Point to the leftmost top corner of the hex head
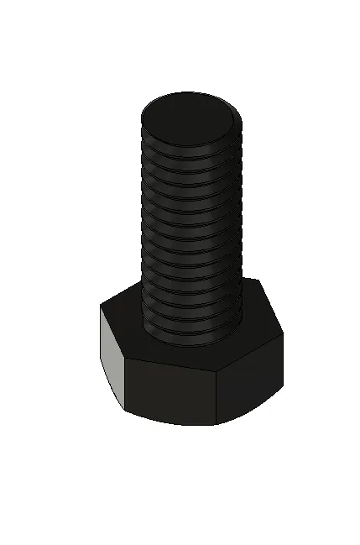101,306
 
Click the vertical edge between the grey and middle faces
126,385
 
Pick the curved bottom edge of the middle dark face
172,420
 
